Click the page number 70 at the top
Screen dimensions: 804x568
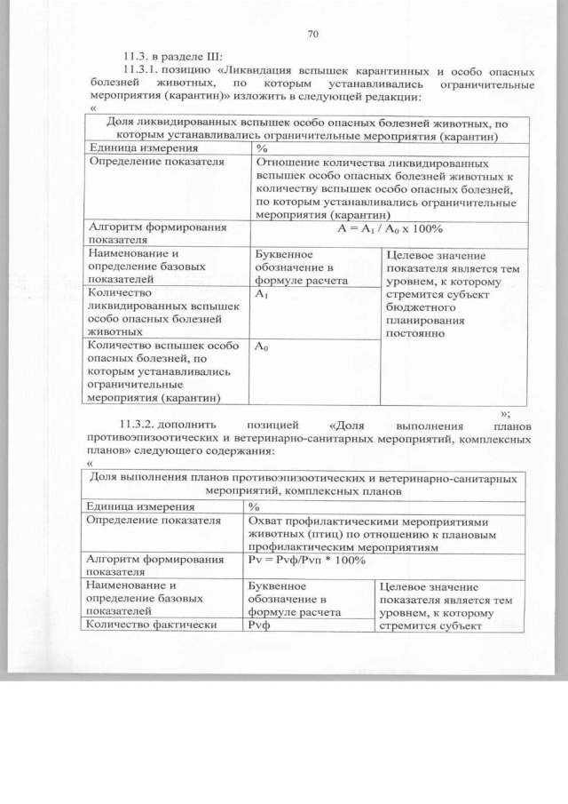[x=312, y=35]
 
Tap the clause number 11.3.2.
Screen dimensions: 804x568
[x=143, y=423]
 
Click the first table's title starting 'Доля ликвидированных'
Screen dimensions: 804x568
[x=308, y=129]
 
